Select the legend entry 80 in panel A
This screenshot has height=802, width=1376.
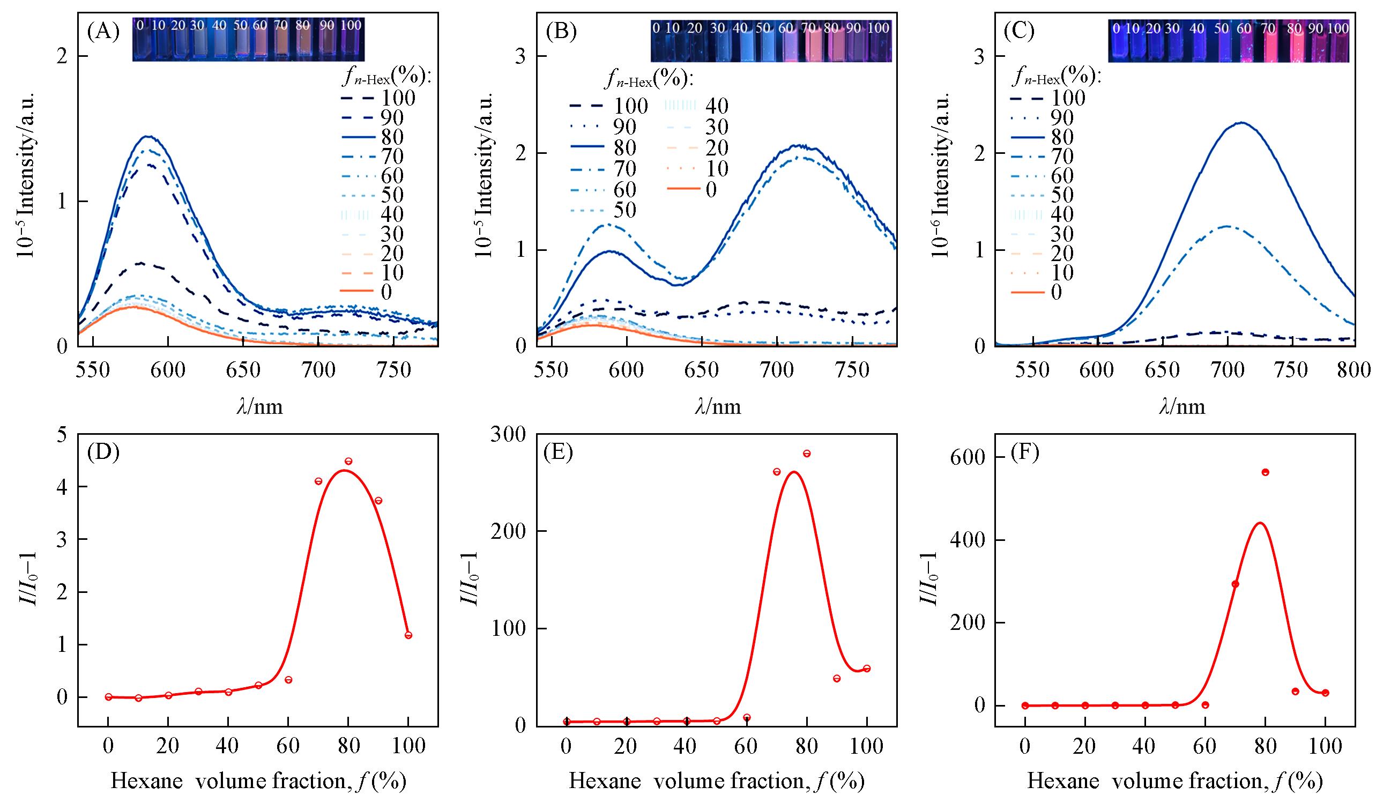376,137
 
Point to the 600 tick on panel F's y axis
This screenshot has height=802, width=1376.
969,457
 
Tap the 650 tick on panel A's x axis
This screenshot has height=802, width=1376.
243,370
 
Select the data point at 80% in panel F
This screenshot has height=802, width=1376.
1265,472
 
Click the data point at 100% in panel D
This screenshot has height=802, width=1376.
408,635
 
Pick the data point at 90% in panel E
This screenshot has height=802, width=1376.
837,679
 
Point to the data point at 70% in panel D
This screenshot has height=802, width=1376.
318,481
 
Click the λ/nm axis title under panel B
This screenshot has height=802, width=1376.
718,407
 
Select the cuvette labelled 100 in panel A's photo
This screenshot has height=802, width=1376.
351,39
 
